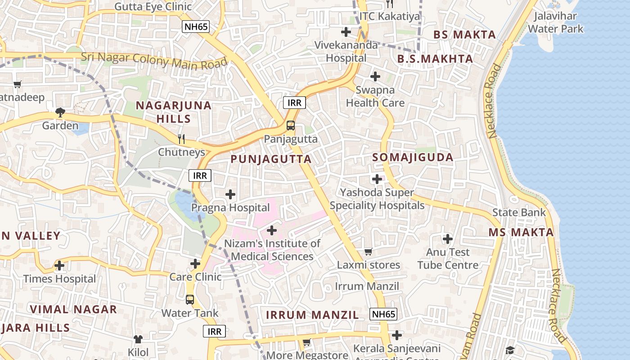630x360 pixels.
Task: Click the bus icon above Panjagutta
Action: coord(291,126)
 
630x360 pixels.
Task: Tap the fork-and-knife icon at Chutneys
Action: coord(181,139)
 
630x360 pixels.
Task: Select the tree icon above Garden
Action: coord(60,112)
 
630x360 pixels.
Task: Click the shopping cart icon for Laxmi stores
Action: coord(369,252)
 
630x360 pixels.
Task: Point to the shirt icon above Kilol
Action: coord(138,339)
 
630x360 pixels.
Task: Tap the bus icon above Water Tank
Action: coord(190,299)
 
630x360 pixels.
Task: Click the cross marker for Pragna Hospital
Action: coord(230,194)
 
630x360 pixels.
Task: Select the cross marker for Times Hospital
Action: coord(59,265)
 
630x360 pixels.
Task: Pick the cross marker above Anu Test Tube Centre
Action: coord(448,238)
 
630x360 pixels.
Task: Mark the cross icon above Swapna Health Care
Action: coord(375,76)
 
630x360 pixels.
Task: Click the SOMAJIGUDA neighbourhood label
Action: coord(413,157)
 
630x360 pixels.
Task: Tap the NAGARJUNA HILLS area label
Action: coord(174,112)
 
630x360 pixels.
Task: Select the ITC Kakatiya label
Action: coord(390,17)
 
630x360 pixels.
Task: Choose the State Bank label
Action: coord(519,212)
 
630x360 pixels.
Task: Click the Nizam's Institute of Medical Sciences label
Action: coord(272,250)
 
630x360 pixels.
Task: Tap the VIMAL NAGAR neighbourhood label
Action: coord(73,310)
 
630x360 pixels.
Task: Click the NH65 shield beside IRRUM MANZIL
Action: coord(383,314)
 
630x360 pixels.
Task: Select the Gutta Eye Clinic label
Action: coord(153,7)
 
